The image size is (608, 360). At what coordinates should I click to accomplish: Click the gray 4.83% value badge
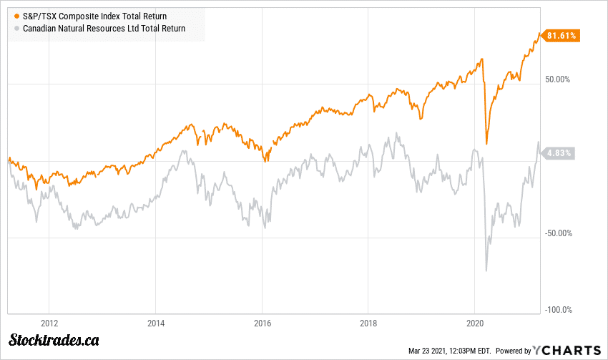(558, 153)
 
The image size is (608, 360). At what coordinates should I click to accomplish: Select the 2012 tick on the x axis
(49, 322)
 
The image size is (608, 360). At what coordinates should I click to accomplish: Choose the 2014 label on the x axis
(156, 322)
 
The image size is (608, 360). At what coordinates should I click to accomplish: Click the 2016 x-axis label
(263, 322)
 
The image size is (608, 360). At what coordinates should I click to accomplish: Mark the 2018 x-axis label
(368, 322)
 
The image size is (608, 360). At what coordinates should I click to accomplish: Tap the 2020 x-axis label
(475, 322)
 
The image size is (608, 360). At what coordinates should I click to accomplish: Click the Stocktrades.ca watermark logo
(54, 341)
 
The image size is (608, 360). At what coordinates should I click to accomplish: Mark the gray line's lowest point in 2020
(486, 271)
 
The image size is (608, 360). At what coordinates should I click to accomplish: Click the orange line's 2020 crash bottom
(486, 144)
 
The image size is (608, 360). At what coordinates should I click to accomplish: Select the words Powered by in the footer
(513, 351)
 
